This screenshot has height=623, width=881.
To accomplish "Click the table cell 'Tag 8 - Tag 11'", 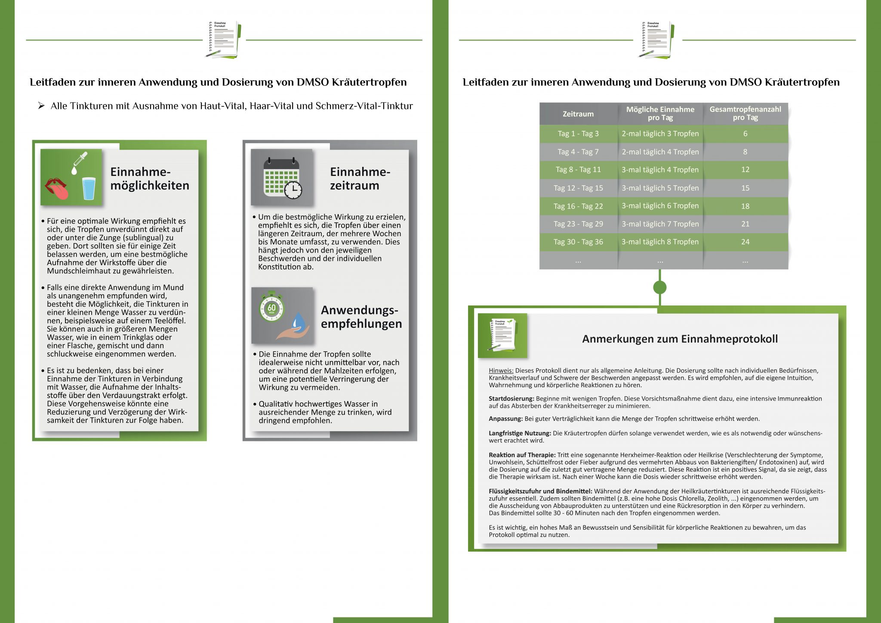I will [578, 170].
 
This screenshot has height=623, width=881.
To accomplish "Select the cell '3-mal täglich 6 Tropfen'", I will [660, 206].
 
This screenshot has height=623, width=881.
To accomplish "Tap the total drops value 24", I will [745, 242].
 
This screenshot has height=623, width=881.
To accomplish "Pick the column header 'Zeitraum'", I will [578, 114].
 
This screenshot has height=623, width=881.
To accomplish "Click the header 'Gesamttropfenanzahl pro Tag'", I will [745, 114].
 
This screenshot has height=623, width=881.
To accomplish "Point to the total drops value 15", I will [745, 188].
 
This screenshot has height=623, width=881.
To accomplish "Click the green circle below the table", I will [659, 287].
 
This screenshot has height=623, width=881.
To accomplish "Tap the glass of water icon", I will [89, 188].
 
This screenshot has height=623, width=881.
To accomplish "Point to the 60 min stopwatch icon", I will [271, 307].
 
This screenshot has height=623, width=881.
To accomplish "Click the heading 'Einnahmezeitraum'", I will [360, 179].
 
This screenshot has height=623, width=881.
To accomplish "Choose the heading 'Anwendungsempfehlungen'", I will [361, 317].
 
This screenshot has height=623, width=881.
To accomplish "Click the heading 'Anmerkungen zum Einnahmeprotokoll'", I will [680, 339].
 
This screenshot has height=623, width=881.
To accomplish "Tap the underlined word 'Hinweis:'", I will [501, 370].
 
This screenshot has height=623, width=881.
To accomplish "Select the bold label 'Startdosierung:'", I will [511, 399].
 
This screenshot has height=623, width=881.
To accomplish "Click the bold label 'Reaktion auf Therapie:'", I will [522, 455].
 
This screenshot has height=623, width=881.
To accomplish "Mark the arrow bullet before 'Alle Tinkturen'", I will [41, 106].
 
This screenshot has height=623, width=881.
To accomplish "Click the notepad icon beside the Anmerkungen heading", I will [502, 335].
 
